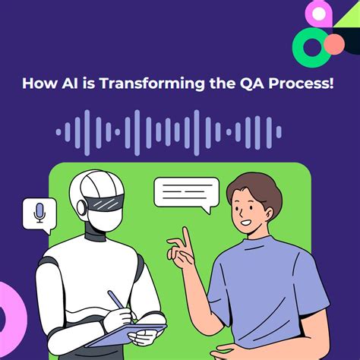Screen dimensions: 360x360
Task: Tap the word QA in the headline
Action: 248,82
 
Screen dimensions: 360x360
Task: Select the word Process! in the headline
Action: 296,82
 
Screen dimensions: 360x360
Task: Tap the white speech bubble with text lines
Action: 186,192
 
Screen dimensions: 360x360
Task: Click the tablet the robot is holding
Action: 125,333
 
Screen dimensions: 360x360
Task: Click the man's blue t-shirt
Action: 262,296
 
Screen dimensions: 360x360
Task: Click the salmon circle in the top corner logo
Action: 333,45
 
